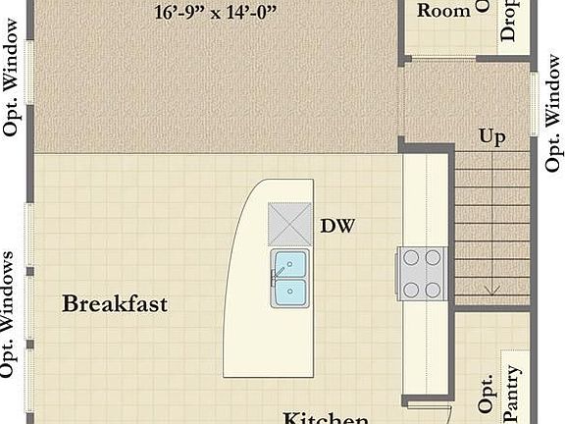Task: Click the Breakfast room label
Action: click(x=115, y=303)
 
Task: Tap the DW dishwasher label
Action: click(x=336, y=227)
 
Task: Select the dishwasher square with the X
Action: click(x=289, y=224)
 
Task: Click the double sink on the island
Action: click(x=290, y=278)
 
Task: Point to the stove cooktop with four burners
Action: click(x=422, y=273)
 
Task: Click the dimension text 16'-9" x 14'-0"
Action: click(x=216, y=13)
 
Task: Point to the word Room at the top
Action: click(x=443, y=11)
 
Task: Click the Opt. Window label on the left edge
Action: click(x=13, y=88)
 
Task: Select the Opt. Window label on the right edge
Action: click(x=552, y=123)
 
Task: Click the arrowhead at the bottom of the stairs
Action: click(x=491, y=290)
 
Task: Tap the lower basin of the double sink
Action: click(x=290, y=291)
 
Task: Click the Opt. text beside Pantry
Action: click(x=487, y=391)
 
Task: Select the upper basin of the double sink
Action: click(x=290, y=264)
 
